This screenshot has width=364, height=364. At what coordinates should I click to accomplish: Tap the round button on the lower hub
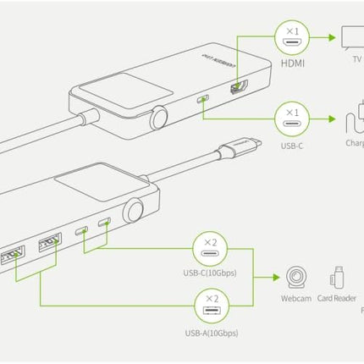[x=133, y=210]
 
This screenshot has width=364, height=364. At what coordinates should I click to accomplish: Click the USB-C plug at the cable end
[x=240, y=150]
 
